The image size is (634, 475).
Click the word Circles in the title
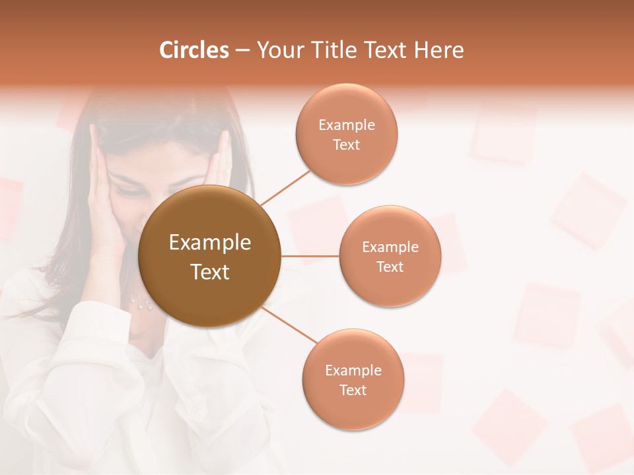point(194,50)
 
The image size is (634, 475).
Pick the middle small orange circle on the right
point(390,284)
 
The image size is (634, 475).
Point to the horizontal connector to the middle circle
point(310,256)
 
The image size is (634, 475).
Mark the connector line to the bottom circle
point(289,325)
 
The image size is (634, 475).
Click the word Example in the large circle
point(209,243)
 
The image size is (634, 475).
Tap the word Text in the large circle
point(209,272)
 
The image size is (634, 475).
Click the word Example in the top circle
point(347,125)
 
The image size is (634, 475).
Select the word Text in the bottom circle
point(353,390)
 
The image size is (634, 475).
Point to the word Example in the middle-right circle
point(390,247)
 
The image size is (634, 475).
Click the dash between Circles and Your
point(242,51)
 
